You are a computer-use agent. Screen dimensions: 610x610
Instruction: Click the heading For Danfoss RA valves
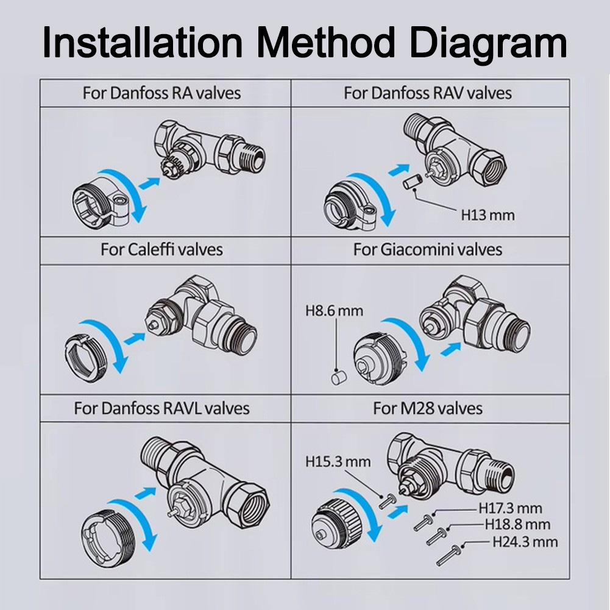[x=161, y=93]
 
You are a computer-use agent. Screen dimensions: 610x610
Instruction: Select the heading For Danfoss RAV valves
[x=428, y=93]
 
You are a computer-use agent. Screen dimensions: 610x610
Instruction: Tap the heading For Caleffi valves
[x=161, y=249]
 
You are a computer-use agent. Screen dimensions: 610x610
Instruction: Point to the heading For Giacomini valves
[x=428, y=249]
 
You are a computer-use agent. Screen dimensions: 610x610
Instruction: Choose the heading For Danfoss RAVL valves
[x=161, y=407]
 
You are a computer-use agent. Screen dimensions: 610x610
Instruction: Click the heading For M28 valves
[x=428, y=407]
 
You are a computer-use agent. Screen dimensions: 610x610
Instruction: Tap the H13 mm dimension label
[x=487, y=215]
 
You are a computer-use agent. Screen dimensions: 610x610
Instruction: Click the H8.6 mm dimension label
[x=334, y=311]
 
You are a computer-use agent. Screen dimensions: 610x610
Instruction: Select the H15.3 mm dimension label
[x=338, y=461]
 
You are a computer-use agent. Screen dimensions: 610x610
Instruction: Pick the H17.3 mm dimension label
[x=509, y=507]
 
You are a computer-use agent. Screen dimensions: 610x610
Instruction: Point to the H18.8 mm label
[x=517, y=524]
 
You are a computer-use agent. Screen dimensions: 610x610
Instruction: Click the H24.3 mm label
[x=525, y=541]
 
